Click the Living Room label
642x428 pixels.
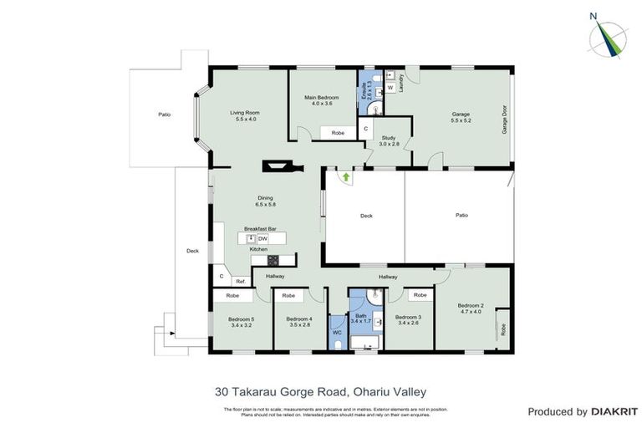245,116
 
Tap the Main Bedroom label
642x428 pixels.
322,100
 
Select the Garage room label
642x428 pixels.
461,116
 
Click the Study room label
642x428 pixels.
388,140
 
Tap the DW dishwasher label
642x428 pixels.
262,238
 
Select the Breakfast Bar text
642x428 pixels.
259,228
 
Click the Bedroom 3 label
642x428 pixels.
408,319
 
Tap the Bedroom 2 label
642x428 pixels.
470,308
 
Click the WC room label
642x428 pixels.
337,333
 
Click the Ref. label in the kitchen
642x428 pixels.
240,282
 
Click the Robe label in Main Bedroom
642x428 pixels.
338,133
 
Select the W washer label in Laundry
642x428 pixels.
390,88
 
